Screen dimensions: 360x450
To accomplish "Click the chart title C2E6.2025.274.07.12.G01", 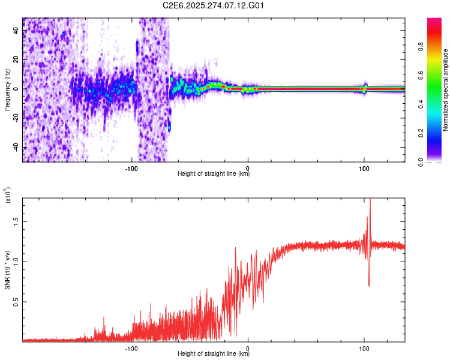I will (x=214, y=5).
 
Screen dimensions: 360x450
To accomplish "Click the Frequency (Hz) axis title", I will (x=7, y=90).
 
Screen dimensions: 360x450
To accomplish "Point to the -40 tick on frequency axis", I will (x=15, y=148).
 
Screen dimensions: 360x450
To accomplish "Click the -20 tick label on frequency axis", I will (x=15, y=118).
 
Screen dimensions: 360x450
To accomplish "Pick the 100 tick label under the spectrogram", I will (x=364, y=167).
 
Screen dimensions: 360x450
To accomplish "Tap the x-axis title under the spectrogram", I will (x=214, y=174).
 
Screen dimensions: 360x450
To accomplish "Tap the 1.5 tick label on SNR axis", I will (x=15, y=221).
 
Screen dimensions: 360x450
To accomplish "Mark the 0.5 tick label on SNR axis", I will (x=15, y=301).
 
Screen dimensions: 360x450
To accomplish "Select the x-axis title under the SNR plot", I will (x=214, y=354).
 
